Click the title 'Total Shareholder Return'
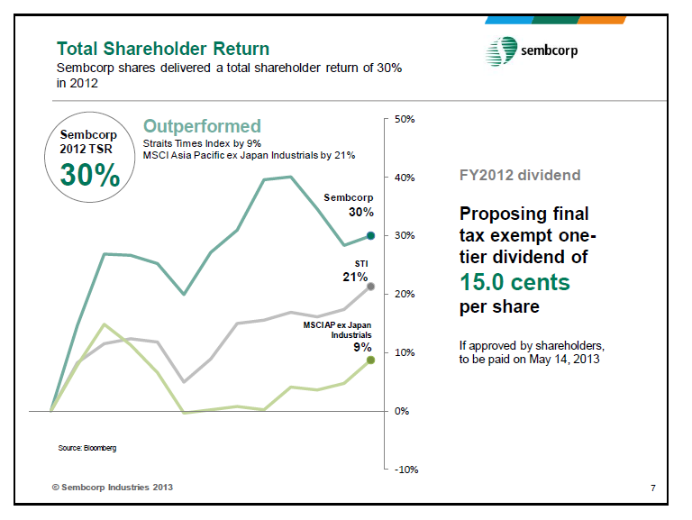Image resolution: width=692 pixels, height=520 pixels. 162,48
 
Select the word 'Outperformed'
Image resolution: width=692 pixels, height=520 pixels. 202,126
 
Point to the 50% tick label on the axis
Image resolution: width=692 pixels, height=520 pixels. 404,118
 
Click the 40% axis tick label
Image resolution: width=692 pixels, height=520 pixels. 404,177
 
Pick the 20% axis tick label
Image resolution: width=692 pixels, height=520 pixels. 404,294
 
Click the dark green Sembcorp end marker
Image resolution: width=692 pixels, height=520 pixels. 370,235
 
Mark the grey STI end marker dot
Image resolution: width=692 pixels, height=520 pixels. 370,287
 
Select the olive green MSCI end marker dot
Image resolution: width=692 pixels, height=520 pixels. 370,360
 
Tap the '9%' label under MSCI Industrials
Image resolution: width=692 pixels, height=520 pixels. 362,346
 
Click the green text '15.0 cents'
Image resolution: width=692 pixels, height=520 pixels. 514,282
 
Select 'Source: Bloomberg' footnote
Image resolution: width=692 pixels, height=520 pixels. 88,447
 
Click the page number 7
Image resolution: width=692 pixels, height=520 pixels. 652,488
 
